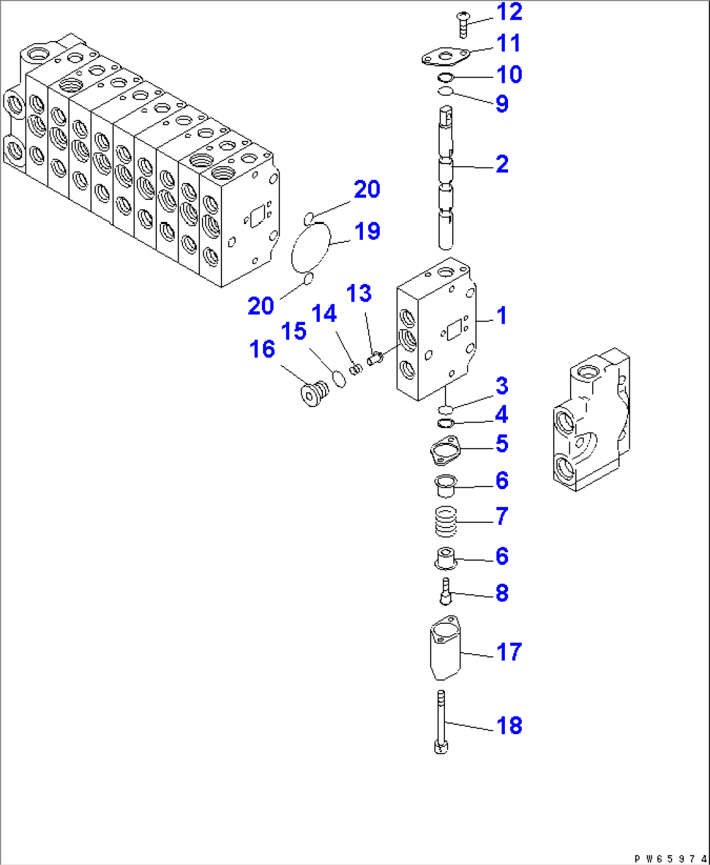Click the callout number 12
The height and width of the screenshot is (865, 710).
pos(509,12)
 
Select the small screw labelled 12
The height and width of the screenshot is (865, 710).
pos(464,23)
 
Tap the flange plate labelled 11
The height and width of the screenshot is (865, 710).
pos(444,57)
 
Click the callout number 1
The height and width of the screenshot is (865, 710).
pos(502,316)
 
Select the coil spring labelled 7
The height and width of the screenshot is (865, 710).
pos(446,521)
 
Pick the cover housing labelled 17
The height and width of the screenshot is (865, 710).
pos(445,648)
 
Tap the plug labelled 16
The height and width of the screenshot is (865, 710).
pos(313,393)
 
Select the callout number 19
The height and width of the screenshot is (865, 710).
pos(367,231)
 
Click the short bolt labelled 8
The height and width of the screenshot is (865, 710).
pos(446,591)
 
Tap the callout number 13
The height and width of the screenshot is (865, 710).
pos(359,294)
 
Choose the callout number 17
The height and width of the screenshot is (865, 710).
pos(509,652)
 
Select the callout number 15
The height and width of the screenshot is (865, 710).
pos(294,331)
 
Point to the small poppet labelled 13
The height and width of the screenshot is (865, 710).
pos(373,358)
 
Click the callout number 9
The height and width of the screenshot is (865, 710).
pos(502,104)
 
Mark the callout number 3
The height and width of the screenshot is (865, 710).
pos(502,386)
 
